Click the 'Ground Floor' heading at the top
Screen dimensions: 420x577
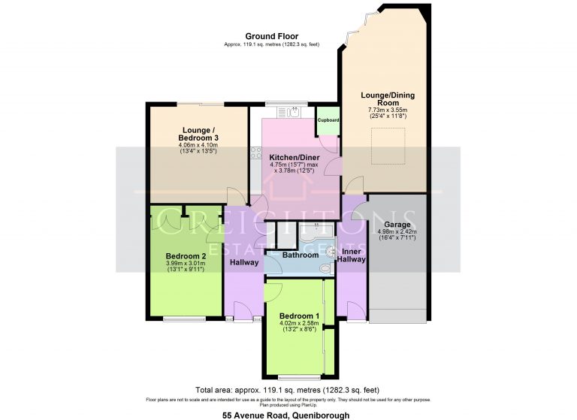tap(271, 36)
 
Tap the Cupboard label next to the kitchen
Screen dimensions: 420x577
tap(328, 120)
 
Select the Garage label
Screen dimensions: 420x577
tap(397, 225)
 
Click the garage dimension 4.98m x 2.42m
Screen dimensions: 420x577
tap(397, 232)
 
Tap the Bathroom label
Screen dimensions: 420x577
tap(301, 255)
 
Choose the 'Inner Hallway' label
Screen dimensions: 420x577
tap(352, 255)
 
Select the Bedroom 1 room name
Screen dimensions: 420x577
tap(299, 316)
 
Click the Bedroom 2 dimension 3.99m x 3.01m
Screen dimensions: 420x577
tap(185, 264)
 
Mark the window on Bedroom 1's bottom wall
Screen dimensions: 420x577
tap(298, 376)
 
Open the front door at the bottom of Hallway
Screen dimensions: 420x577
tap(243, 318)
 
